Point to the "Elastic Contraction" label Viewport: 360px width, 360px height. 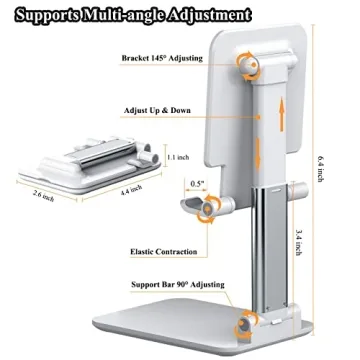pos(162,251)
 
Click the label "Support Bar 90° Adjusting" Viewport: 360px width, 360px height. pos(167,299)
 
